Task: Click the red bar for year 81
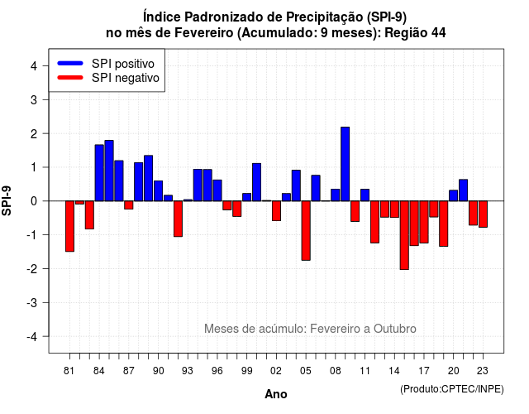69,226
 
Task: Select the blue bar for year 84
99,173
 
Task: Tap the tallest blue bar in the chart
346,164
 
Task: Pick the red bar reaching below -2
404,235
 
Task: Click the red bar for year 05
306,230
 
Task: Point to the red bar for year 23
483,214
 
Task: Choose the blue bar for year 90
158,191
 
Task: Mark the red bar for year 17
424,222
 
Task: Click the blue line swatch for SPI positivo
70,63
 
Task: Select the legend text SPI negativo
126,78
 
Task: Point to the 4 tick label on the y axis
34,66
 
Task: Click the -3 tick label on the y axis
32,303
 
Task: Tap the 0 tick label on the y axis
34,201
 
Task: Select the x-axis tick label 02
276,371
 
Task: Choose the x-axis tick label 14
394,371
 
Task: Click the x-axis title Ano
276,394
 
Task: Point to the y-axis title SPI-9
7,200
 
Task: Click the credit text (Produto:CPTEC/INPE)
452,389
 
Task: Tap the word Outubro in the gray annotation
395,329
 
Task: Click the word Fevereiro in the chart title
204,33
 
